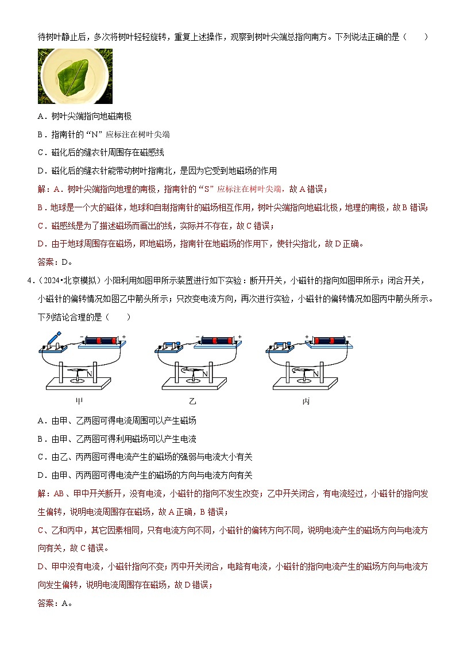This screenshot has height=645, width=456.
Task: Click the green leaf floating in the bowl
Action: (74, 75)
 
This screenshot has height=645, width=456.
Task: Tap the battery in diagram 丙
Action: (329, 340)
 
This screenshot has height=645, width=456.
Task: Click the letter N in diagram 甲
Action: (89, 374)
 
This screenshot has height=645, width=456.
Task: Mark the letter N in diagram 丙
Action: (314, 374)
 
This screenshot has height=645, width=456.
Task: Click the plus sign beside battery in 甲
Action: (123, 336)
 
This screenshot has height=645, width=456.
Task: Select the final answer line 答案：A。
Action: (55, 602)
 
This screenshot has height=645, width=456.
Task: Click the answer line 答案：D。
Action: (55, 262)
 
